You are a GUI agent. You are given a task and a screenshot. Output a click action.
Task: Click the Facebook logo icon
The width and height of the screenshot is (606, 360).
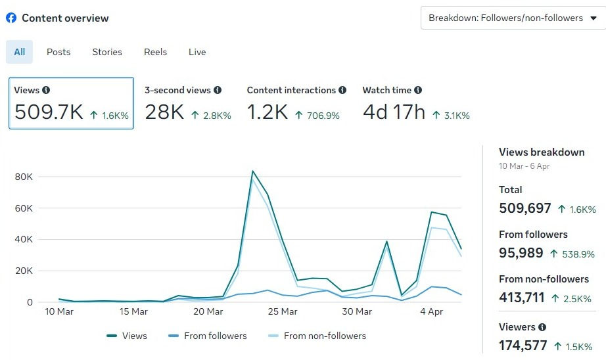[11, 18]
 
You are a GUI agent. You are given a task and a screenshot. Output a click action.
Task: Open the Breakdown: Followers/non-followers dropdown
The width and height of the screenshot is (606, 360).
[513, 18]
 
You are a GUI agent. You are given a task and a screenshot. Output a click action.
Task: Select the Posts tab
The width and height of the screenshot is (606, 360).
[58, 52]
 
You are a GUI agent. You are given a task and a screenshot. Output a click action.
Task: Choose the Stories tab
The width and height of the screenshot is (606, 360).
[107, 52]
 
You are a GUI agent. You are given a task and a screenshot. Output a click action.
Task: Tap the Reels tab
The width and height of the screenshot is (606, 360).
[156, 52]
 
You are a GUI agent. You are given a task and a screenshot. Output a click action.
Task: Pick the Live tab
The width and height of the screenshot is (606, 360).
[197, 52]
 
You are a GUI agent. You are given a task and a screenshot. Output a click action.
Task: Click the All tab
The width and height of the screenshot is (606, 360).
[20, 52]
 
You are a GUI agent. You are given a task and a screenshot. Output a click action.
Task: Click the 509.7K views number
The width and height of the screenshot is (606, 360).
[49, 112]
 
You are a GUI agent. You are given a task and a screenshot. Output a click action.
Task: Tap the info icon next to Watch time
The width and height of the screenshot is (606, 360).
[418, 90]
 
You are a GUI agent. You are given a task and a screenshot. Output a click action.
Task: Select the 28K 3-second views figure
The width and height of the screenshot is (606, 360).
[164, 112]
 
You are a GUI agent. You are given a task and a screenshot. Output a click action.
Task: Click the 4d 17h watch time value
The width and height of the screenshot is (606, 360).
[394, 112]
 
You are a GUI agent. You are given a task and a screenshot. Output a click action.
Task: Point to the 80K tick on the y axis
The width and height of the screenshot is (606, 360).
[24, 177]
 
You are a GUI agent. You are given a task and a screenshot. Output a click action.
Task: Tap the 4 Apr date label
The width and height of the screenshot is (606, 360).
[431, 311]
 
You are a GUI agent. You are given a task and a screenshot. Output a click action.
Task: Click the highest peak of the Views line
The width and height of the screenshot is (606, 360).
[252, 171]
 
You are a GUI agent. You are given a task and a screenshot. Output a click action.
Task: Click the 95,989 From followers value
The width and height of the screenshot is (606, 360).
[521, 253]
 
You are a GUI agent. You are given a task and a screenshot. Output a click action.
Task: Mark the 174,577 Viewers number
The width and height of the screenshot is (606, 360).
[523, 346]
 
